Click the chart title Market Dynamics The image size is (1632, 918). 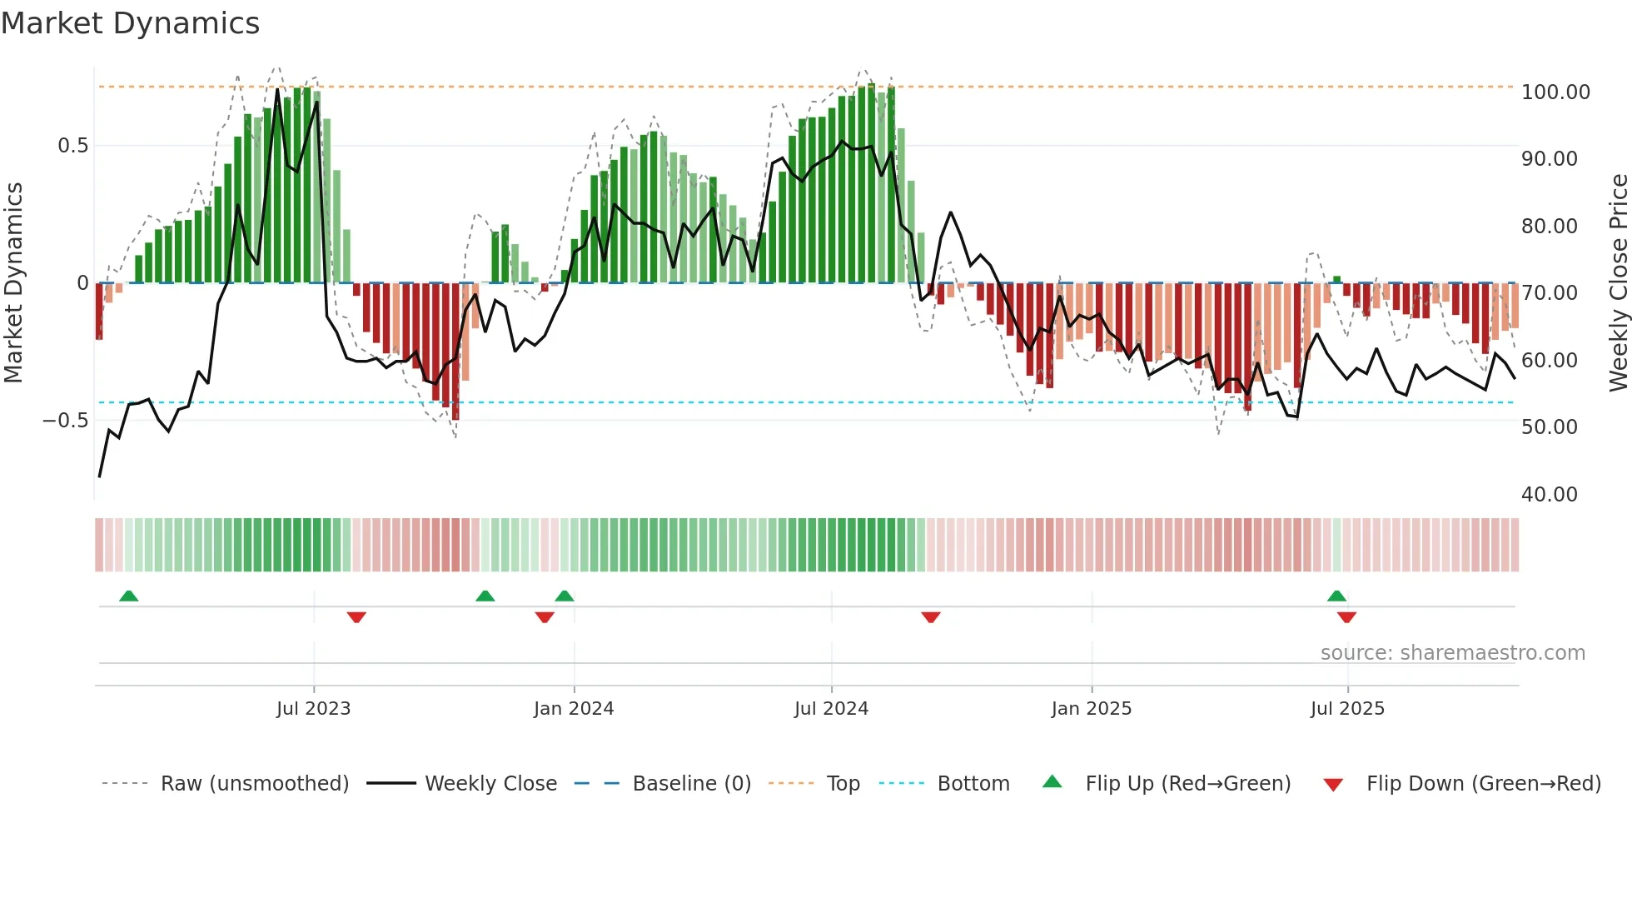coord(131,23)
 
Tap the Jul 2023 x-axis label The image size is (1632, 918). coord(313,709)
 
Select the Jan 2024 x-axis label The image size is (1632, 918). coord(574,709)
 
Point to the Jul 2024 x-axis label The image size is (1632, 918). coord(831,709)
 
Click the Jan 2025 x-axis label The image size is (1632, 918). coord(1091,709)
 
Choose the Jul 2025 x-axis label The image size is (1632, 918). coord(1347,709)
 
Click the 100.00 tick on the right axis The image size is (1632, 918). coord(1555,92)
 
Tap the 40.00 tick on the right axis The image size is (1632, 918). coord(1549,495)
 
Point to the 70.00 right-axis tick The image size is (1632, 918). coord(1549,293)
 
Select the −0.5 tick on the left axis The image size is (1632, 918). coord(65,421)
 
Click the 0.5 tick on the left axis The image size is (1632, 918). coord(72,146)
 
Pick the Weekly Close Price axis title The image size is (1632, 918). coord(1618,283)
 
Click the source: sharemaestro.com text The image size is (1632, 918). coord(1452,653)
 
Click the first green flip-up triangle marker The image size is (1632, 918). coord(128,596)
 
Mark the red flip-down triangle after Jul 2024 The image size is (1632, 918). coord(931,617)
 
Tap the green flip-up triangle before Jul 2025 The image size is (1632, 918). coord(1336,596)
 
